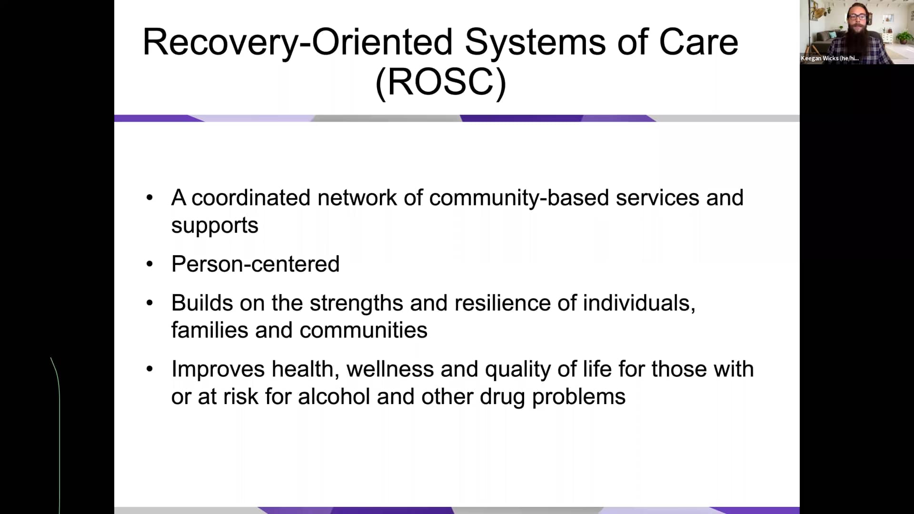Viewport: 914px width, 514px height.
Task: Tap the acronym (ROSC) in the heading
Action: point(440,82)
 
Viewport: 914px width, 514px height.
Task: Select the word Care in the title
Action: point(698,42)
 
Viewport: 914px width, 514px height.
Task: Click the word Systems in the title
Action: point(536,43)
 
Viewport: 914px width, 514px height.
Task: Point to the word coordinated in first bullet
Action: point(251,198)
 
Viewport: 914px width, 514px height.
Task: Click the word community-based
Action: point(518,198)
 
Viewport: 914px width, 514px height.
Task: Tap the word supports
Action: point(215,226)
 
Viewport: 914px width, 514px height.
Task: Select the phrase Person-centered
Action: point(255,264)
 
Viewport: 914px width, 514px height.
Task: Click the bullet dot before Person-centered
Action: point(150,264)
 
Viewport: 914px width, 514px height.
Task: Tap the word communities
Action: point(363,330)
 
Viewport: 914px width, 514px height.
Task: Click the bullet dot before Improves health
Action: point(150,369)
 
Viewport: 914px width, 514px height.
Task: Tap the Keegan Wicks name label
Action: point(829,58)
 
